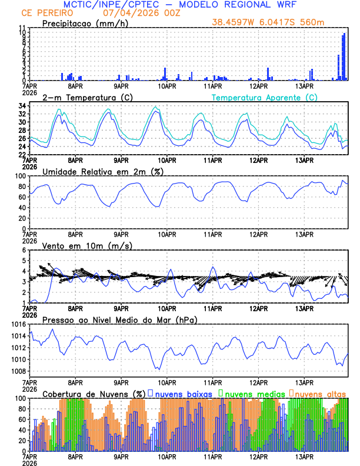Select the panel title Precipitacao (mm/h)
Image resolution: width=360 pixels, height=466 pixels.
click(85, 23)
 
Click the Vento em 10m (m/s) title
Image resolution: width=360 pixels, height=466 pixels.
click(87, 245)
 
